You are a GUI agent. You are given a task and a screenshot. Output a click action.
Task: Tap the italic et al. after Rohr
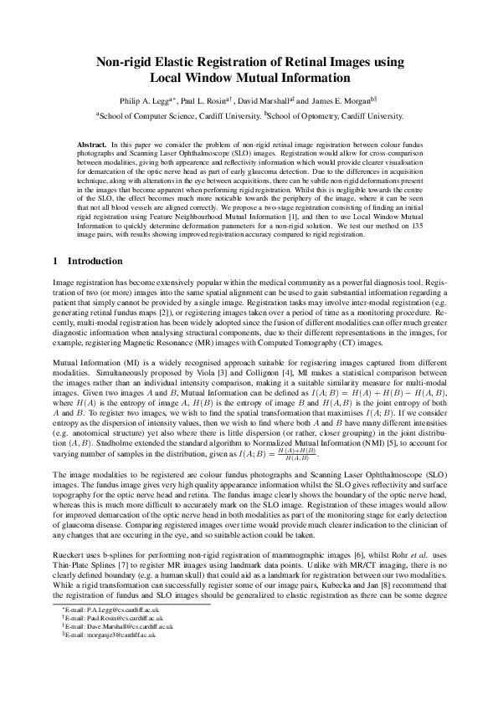[406, 554]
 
